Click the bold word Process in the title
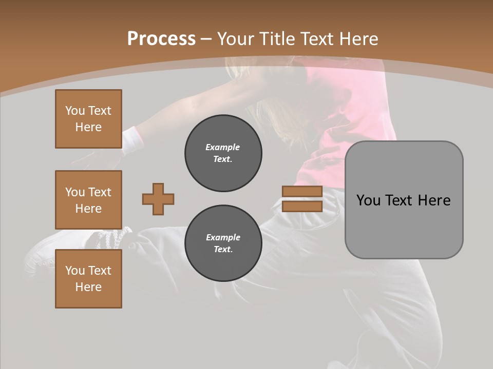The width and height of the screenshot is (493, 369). (x=161, y=38)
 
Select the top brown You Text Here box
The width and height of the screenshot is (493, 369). (x=88, y=119)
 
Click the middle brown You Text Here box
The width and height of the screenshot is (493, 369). (x=88, y=200)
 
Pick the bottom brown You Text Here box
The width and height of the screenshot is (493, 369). (x=88, y=278)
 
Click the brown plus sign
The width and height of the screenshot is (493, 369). (x=158, y=199)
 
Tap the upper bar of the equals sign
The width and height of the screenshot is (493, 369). (x=302, y=191)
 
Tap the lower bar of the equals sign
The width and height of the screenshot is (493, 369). (x=302, y=206)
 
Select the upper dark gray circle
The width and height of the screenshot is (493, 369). (x=223, y=153)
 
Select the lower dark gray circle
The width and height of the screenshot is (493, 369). (x=223, y=243)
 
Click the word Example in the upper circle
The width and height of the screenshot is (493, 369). (x=222, y=147)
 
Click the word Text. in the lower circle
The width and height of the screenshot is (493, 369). (x=222, y=249)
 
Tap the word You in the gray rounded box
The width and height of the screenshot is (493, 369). (x=368, y=200)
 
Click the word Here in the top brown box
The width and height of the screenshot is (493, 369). (x=88, y=127)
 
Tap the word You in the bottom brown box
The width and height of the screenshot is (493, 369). (x=75, y=271)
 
